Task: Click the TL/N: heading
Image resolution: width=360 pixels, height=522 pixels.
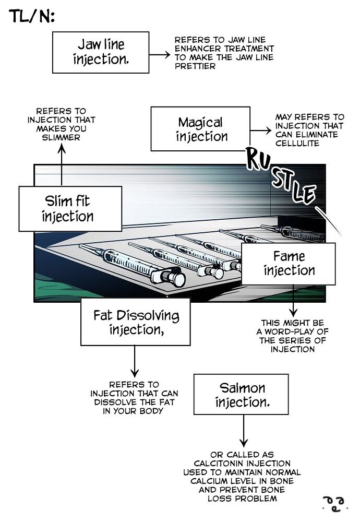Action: tap(32, 17)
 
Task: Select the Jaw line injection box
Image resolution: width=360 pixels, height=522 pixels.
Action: tap(100, 52)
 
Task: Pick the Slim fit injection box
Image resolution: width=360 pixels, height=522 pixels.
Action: tap(67, 208)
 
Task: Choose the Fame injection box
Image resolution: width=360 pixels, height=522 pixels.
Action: tap(289, 263)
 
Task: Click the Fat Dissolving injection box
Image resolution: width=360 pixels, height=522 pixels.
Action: tap(135, 323)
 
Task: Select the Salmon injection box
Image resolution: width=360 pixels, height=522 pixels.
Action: tap(242, 395)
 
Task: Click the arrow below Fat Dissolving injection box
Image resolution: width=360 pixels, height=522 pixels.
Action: tap(135, 361)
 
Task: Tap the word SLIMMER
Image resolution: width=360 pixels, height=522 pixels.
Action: tap(61, 137)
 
